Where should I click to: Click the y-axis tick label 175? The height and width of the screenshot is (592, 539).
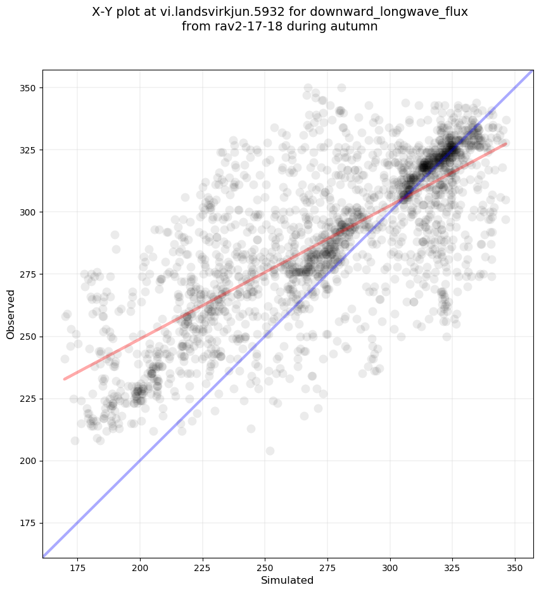click(28, 523)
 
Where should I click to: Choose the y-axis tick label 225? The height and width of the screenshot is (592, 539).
click(28, 399)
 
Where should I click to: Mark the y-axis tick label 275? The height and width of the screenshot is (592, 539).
click(28, 274)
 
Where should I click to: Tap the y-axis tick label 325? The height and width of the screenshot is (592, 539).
click(28, 150)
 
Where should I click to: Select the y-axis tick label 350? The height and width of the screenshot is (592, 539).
click(28, 87)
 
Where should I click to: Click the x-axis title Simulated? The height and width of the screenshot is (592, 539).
click(288, 580)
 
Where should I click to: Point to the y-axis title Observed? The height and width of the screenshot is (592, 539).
click(11, 314)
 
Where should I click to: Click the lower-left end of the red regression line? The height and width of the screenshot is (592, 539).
click(64, 379)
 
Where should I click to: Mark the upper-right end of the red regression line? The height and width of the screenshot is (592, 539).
click(505, 144)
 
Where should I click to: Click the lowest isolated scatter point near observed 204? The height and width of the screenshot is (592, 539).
click(270, 451)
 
